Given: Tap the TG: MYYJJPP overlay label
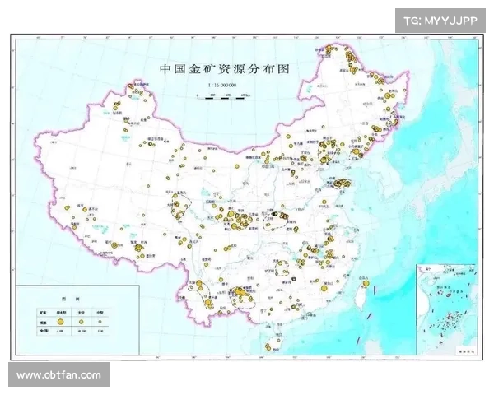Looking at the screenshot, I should coord(440,20).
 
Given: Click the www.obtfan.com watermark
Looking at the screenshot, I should coord(58,375).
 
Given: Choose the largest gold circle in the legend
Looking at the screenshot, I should coord(61,324).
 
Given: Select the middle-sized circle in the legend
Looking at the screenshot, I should coord(81,324).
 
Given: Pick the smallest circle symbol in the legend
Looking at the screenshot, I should coord(100,324).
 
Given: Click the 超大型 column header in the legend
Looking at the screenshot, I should coord(61,314).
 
